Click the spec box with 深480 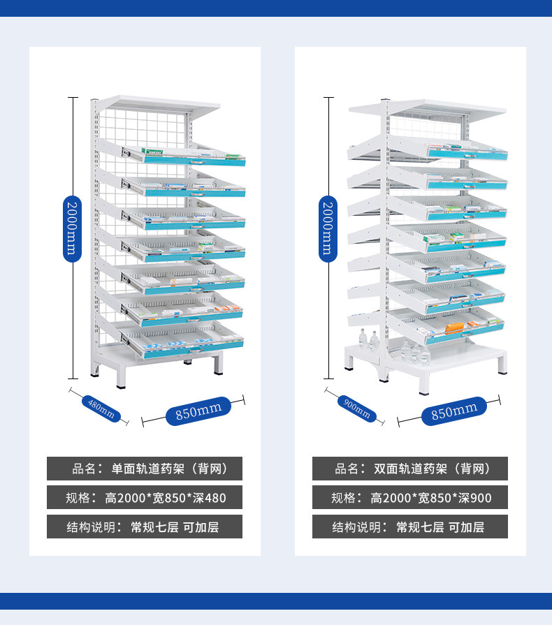pos(145,498)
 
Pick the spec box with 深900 pos(409,498)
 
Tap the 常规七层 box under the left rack pos(145,527)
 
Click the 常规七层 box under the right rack pos(409,527)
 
